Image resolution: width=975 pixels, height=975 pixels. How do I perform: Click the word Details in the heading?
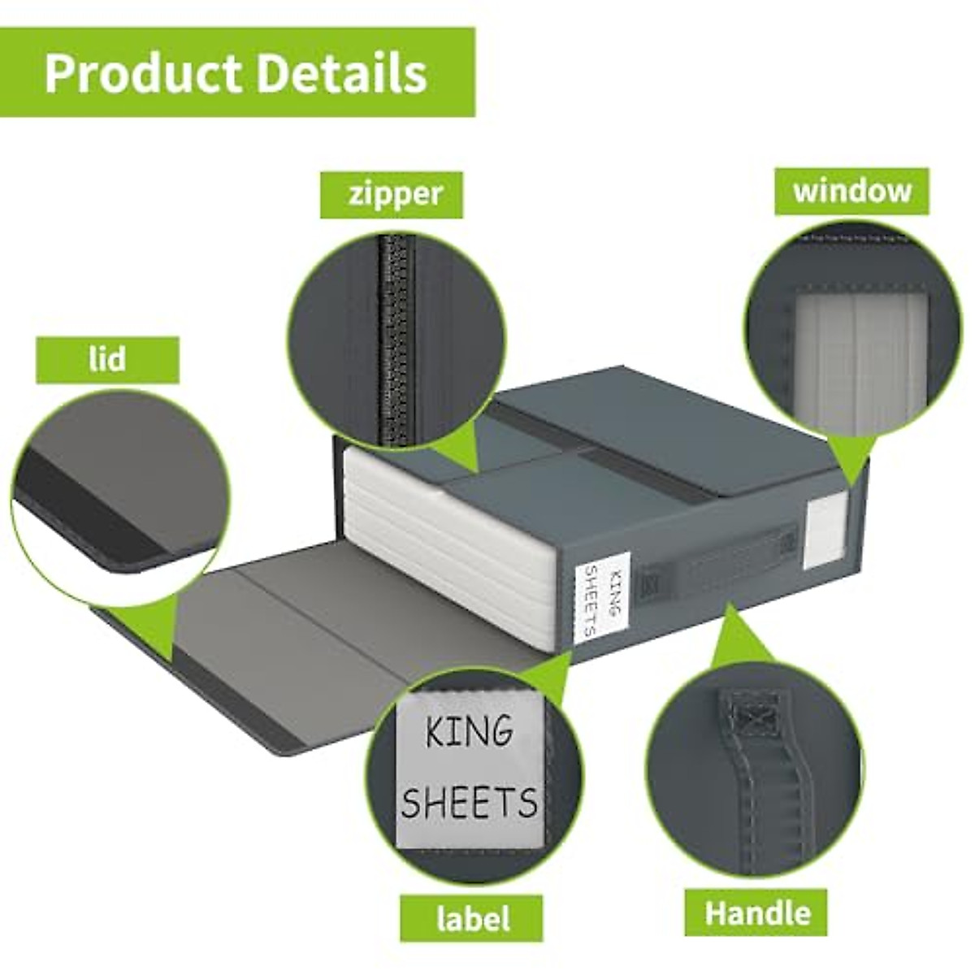pyautogui.click(x=342, y=73)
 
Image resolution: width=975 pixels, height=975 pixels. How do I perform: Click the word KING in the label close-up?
pyautogui.click(x=469, y=732)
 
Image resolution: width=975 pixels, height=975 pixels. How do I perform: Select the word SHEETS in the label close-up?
pyautogui.click(x=469, y=803)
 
